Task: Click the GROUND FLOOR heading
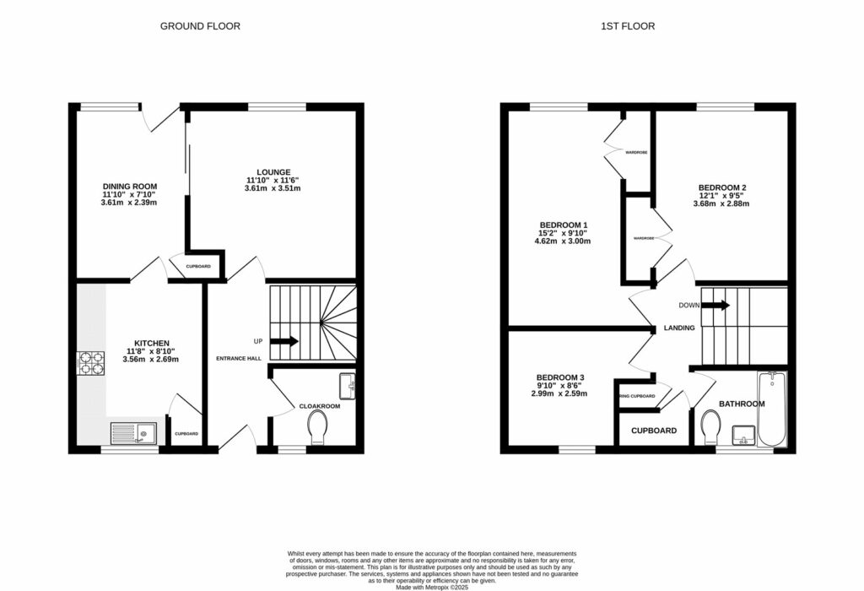pos(200,26)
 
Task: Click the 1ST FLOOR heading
pos(627,26)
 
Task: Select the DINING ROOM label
pos(130,187)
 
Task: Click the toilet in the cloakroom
pos(318,426)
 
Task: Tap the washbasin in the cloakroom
pos(346,386)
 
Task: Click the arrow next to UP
pos(284,342)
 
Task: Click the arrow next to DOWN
pos(715,305)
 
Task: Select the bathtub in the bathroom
pos(771,409)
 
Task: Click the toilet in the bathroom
pos(710,426)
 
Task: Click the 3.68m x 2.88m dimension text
pos(721,203)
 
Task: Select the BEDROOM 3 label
pos(559,377)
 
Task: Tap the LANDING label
pos(679,328)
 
